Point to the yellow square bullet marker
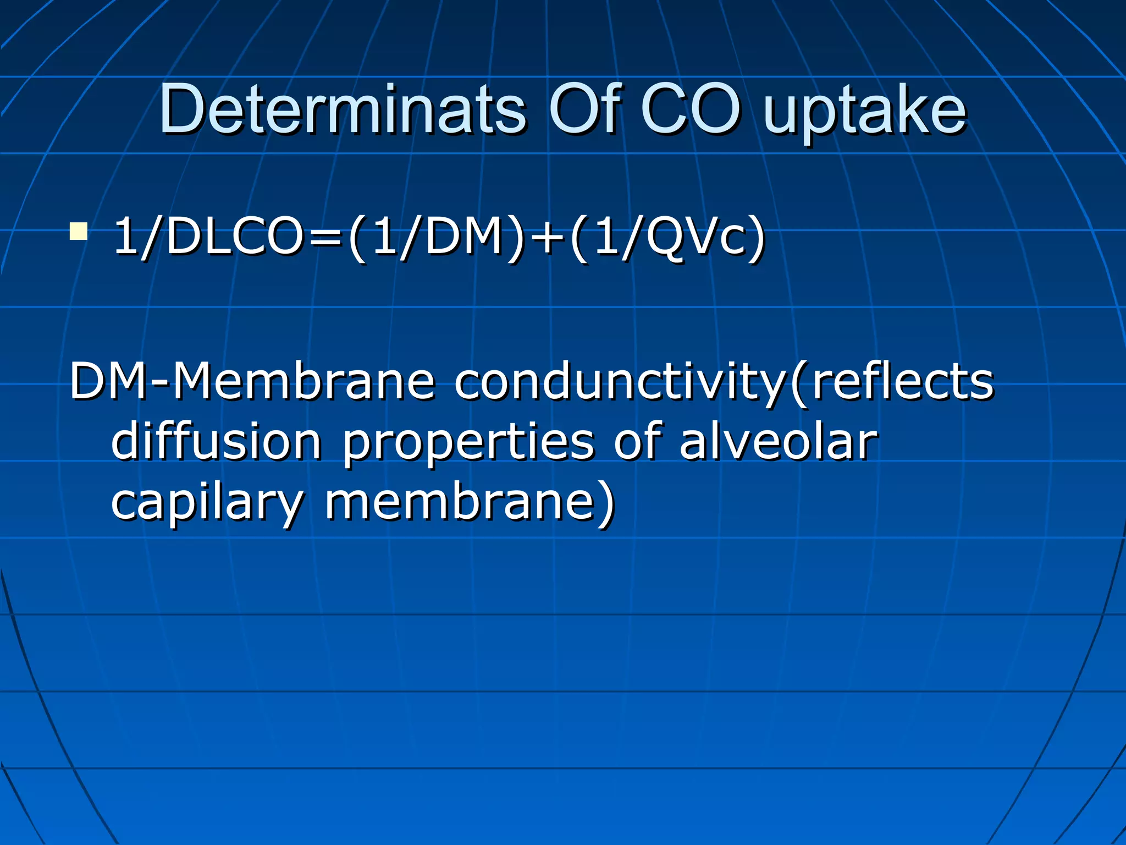tap(78, 232)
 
